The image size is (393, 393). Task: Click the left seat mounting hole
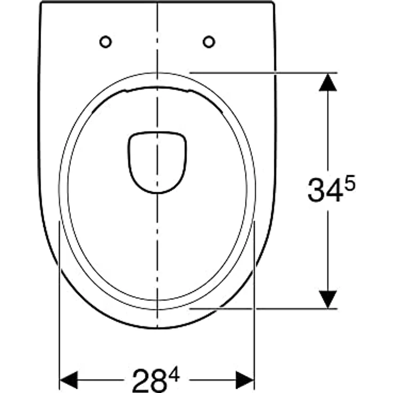click(x=105, y=41)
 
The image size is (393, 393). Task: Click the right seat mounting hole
click(x=209, y=41)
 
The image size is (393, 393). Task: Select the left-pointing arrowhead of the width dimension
click(x=68, y=380)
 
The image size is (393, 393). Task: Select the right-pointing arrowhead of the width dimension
click(x=245, y=380)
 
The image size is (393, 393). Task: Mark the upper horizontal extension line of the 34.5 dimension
click(x=267, y=72)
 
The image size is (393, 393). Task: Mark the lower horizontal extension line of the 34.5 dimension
click(x=267, y=308)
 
